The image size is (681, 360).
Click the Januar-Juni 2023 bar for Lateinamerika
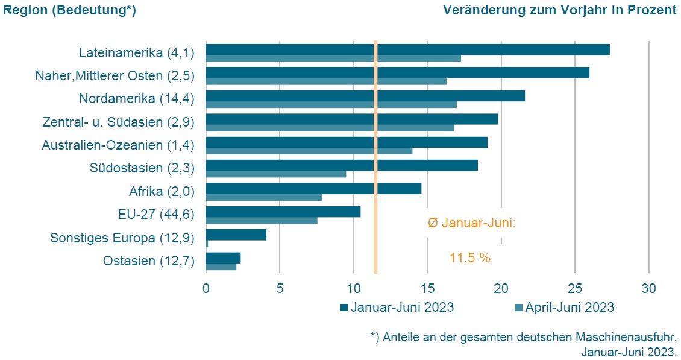point(408,49)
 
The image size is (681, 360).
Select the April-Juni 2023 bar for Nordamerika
point(331,104)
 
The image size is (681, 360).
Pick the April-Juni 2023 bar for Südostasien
point(276,174)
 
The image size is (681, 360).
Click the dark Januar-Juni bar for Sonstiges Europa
point(236,235)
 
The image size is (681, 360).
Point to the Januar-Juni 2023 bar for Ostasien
point(223,257)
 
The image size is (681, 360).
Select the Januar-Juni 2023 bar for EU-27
point(283,212)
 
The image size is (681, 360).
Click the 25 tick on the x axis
point(574,288)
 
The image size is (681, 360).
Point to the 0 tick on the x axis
point(206,288)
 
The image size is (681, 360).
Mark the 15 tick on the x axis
point(427,288)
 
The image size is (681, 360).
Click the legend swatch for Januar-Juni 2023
point(344,308)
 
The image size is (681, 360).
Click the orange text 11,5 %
point(469,258)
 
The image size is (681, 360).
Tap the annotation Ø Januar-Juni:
point(472,223)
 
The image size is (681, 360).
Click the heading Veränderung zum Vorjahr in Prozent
point(559,10)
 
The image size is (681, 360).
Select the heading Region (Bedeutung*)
point(69,10)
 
